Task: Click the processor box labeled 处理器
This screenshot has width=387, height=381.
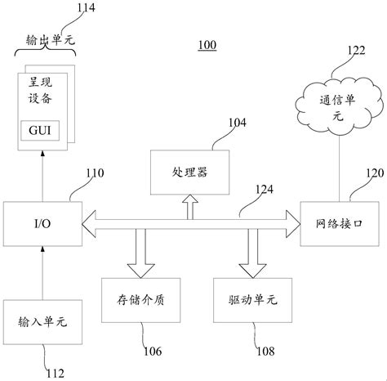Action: pos(189,173)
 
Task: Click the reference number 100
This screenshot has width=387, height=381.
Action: pos(206,45)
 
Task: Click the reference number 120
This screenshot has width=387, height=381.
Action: pos(373,173)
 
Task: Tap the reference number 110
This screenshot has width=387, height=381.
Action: pos(96,173)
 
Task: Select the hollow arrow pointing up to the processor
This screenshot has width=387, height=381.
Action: pos(189,205)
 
